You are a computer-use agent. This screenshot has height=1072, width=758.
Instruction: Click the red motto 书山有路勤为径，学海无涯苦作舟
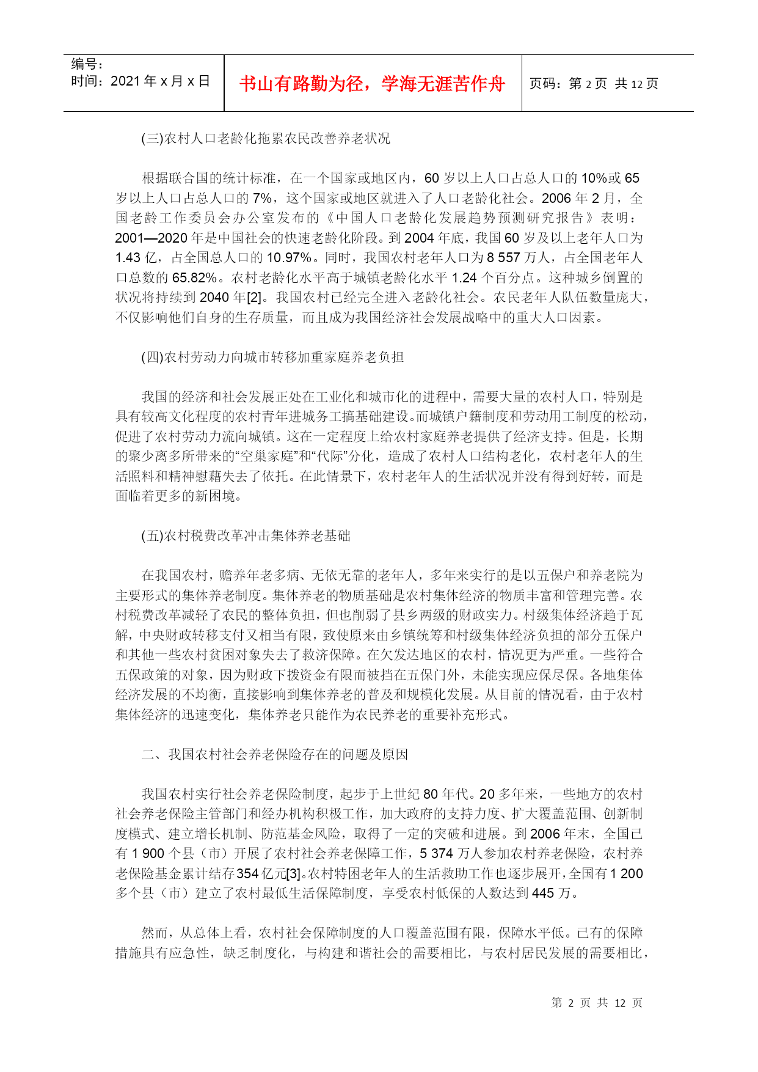tap(372, 84)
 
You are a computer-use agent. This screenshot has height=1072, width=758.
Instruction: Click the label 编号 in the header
tap(87, 64)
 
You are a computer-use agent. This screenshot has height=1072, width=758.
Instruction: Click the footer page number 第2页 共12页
tap(597, 1002)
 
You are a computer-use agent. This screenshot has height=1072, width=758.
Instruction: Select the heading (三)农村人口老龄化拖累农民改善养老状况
tap(266, 139)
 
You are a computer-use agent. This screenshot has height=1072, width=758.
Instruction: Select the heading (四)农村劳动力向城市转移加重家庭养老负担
tap(272, 358)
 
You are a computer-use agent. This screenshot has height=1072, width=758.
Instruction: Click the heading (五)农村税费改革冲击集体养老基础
tap(246, 536)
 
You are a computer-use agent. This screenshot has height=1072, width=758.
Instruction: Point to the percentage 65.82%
tap(194, 278)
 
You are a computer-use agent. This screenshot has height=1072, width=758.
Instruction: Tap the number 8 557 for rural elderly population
tap(503, 258)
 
